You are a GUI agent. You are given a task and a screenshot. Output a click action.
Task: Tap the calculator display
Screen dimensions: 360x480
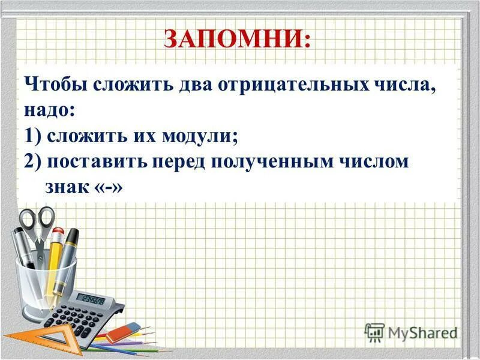click(92, 299)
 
